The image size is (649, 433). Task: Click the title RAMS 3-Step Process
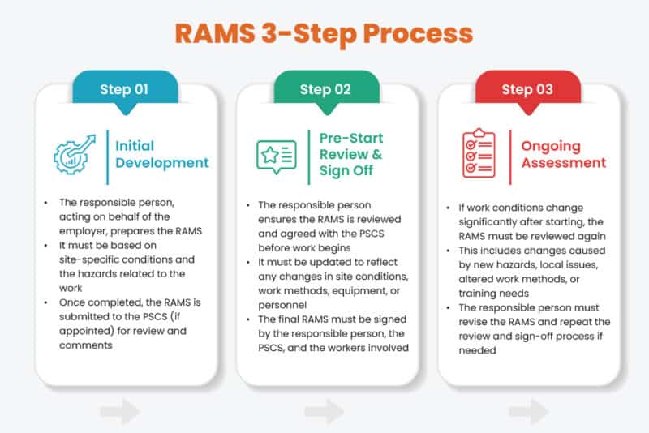324,35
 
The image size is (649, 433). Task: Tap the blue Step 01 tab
124,89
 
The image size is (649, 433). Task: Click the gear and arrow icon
76,154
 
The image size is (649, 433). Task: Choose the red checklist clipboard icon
479,153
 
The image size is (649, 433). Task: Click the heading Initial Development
161,154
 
